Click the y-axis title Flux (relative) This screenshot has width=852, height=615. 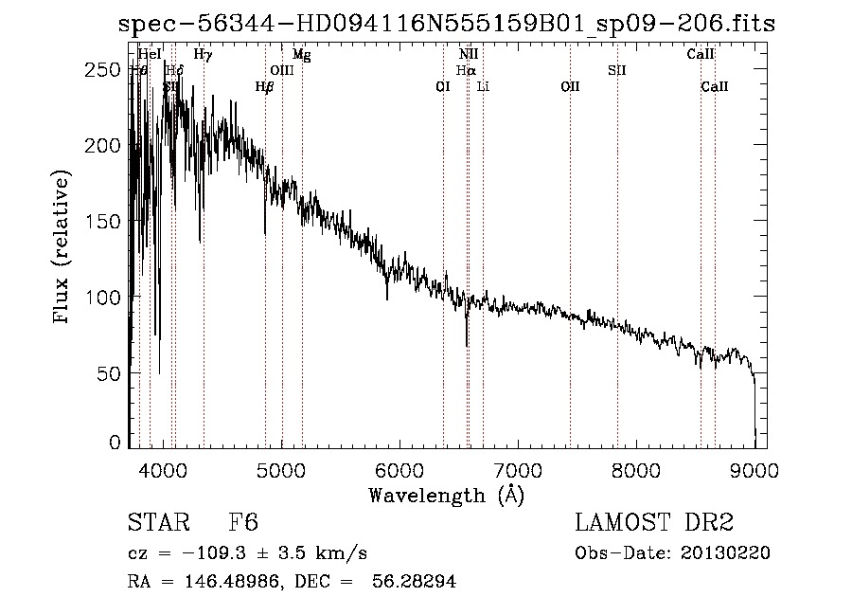[x=63, y=248]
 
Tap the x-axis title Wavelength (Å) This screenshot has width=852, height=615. [x=446, y=495]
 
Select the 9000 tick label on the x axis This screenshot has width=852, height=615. [x=754, y=467]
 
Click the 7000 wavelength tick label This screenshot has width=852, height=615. [x=518, y=467]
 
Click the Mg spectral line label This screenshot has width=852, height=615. [x=301, y=55]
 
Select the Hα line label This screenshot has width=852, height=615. [x=465, y=70]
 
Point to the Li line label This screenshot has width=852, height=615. [x=483, y=86]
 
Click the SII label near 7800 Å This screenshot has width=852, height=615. [x=617, y=70]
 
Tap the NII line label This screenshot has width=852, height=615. [x=468, y=55]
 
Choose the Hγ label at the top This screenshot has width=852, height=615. [x=203, y=55]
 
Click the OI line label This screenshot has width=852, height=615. [x=442, y=86]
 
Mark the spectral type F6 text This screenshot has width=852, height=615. [x=243, y=523]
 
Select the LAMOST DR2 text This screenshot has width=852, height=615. [x=653, y=523]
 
